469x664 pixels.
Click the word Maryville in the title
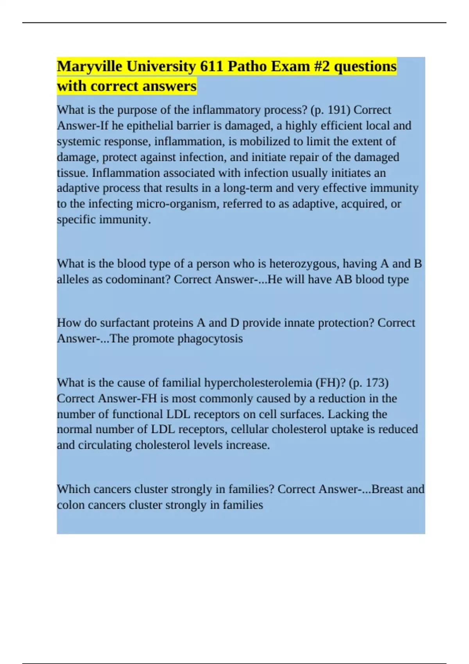(90, 67)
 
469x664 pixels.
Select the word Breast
(387, 489)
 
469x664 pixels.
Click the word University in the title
(161, 67)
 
